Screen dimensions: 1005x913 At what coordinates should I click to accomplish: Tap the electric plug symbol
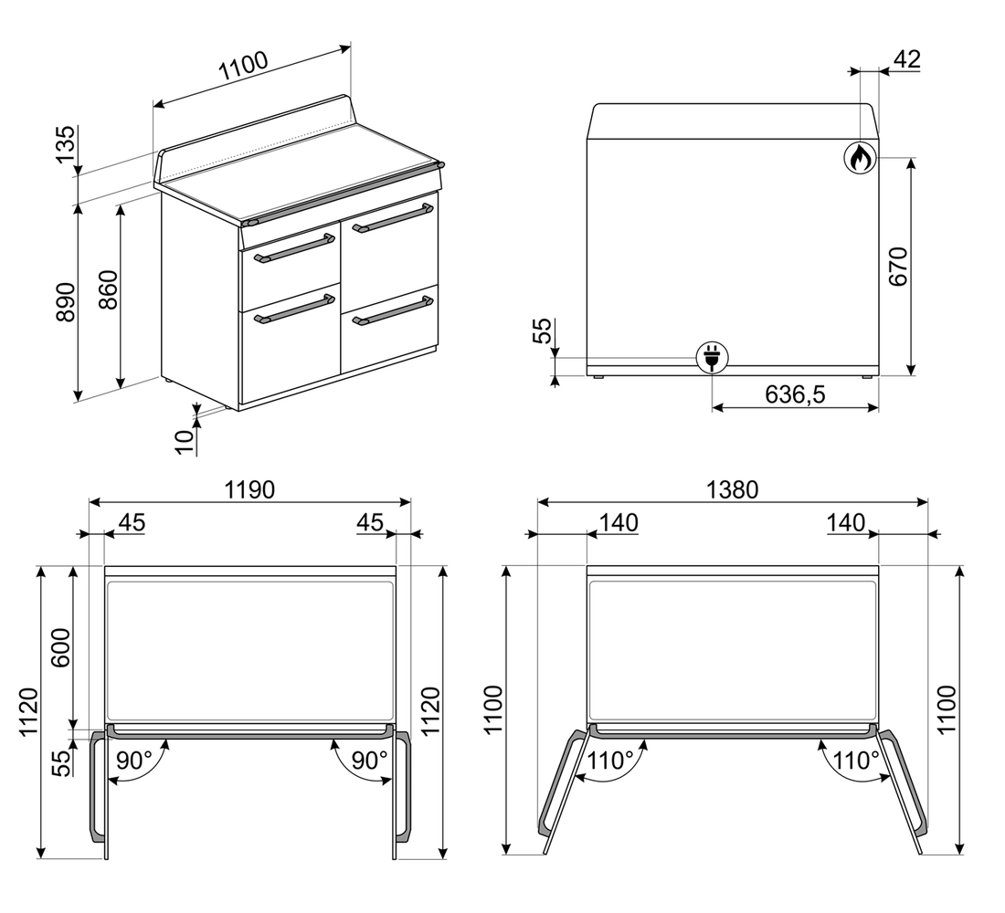point(713,357)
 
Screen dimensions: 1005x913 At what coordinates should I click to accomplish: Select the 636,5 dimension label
point(796,394)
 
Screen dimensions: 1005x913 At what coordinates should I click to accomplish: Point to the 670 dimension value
point(899,266)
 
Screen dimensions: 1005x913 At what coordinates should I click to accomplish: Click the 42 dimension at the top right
point(907,59)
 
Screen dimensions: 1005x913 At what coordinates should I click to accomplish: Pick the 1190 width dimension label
point(249,490)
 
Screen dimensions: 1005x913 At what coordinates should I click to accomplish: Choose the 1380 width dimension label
point(732,490)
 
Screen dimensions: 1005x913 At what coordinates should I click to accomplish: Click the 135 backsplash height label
point(66,145)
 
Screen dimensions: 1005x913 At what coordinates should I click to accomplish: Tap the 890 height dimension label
point(66,302)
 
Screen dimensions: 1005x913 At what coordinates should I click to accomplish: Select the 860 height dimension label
point(109,290)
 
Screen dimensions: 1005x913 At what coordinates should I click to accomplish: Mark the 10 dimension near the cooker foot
point(185,442)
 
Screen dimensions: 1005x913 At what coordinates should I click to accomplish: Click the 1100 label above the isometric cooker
point(243,66)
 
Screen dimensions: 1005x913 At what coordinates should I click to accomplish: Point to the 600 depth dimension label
point(60,647)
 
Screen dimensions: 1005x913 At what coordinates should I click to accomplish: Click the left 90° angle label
point(134,761)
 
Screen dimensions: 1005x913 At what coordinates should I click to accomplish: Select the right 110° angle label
point(856,761)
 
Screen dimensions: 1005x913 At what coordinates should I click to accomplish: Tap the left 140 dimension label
point(619,523)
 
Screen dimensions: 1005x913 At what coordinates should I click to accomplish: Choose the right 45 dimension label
point(370,523)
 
